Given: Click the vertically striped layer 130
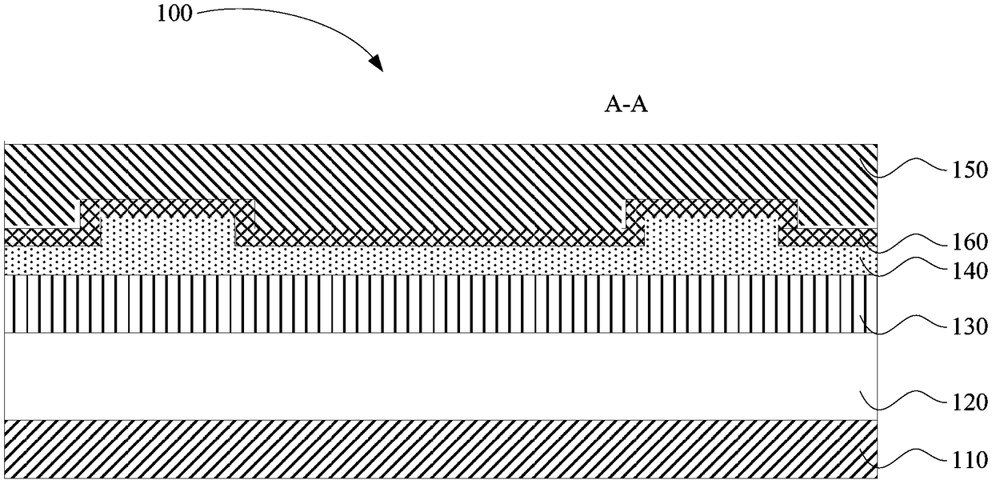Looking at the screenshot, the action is [x=440, y=304].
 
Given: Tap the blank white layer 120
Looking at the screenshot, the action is [x=440, y=376].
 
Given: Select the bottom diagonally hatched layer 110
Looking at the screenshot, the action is [x=440, y=450].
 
